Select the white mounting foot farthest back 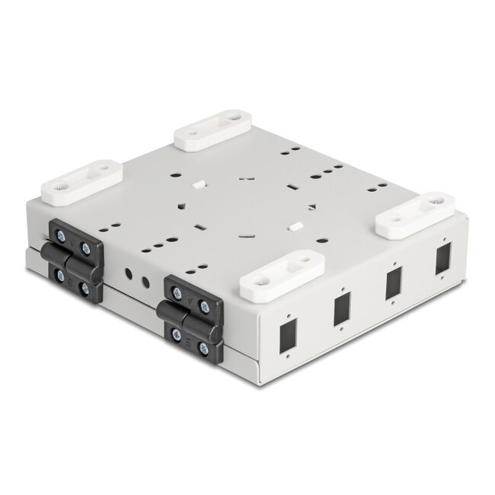point(213,129)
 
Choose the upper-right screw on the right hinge point(203,302)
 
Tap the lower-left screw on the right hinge point(177,334)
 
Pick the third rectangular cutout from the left point(393,282)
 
